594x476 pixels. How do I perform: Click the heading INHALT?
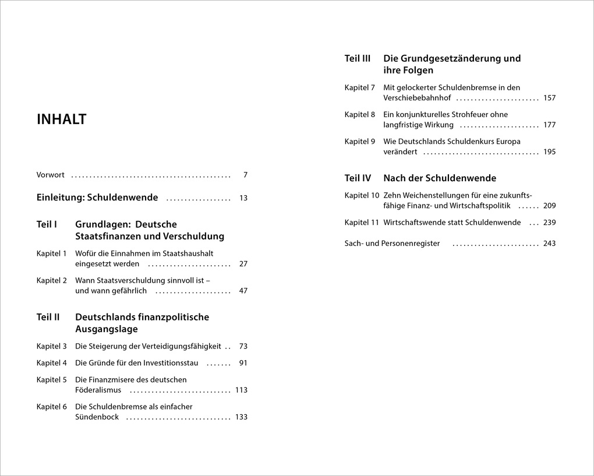[x=61, y=119]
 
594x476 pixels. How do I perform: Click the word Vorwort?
[x=51, y=175]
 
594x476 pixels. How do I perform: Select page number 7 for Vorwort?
[x=245, y=175]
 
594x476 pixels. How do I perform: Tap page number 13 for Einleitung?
[x=243, y=198]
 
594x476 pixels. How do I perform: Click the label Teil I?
[x=47, y=224]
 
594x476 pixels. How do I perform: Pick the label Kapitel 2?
[x=52, y=280]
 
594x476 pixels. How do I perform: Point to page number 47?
[x=243, y=291]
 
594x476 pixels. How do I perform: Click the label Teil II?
[x=48, y=317]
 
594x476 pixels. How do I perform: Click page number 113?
[x=241, y=390]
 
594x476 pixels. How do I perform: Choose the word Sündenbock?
[x=97, y=417]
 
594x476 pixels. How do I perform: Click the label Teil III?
[x=358, y=58]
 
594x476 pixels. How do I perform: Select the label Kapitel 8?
[x=360, y=114]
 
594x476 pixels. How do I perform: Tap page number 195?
[x=549, y=151]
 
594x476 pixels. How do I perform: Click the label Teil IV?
[x=358, y=178]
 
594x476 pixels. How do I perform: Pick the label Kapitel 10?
[x=362, y=195]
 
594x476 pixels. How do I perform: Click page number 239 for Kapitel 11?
[x=549, y=223]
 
